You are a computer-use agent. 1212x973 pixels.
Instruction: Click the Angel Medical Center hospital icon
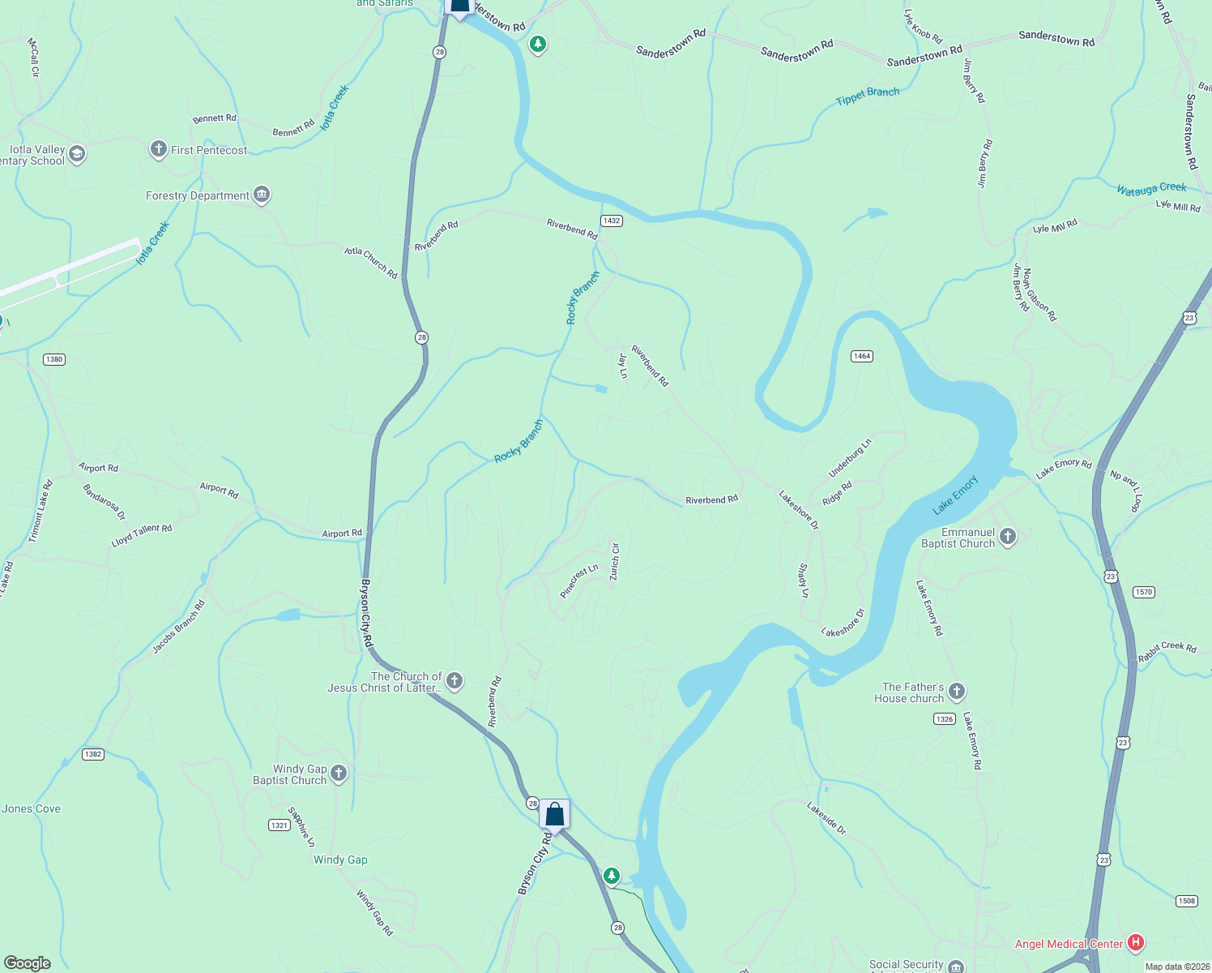[x=1136, y=942]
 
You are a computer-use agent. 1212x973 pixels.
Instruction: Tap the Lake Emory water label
[x=955, y=495]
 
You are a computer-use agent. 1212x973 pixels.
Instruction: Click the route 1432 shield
[x=612, y=221]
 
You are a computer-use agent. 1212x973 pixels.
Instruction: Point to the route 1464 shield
[x=862, y=356]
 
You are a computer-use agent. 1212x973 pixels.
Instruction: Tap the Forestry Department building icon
[x=261, y=195]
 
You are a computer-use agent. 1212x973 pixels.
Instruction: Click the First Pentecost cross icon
[x=159, y=149]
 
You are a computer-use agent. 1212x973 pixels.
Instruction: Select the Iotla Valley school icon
[x=77, y=154]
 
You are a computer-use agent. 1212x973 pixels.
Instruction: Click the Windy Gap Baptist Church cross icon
[x=339, y=774]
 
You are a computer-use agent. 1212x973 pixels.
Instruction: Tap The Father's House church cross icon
[x=957, y=692]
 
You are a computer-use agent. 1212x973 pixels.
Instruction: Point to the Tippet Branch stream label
[x=868, y=96]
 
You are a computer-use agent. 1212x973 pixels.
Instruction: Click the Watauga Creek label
[x=1150, y=189]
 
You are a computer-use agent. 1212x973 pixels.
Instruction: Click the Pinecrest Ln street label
[x=579, y=581]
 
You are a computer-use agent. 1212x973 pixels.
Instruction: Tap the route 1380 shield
[x=54, y=359]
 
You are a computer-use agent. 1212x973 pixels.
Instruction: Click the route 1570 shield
[x=1143, y=592]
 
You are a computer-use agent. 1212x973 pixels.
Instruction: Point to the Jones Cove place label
[x=32, y=808]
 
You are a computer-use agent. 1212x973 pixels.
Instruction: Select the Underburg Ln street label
[x=850, y=458]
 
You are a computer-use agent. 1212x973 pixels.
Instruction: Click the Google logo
[x=28, y=962]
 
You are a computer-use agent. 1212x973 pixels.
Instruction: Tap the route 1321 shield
[x=280, y=825]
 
